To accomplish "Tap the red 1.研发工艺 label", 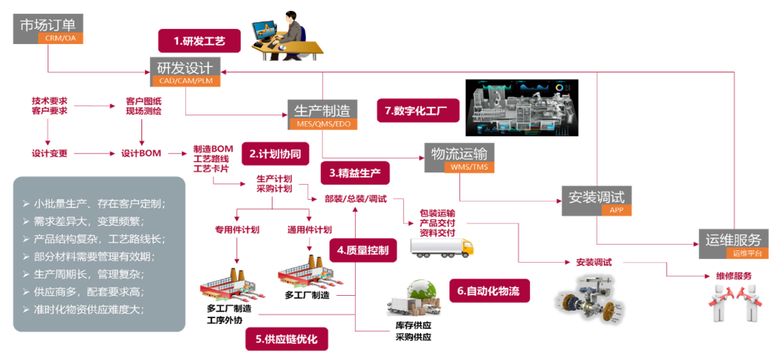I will (x=199, y=42).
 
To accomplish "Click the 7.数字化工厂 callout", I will (x=418, y=110).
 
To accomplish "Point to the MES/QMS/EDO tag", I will (x=323, y=125).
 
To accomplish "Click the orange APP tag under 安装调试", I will (x=617, y=211).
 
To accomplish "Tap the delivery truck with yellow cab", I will (x=441, y=247).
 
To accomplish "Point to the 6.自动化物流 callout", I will (x=489, y=291).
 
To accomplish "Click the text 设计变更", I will (x=50, y=154).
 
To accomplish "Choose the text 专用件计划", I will (x=237, y=230).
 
